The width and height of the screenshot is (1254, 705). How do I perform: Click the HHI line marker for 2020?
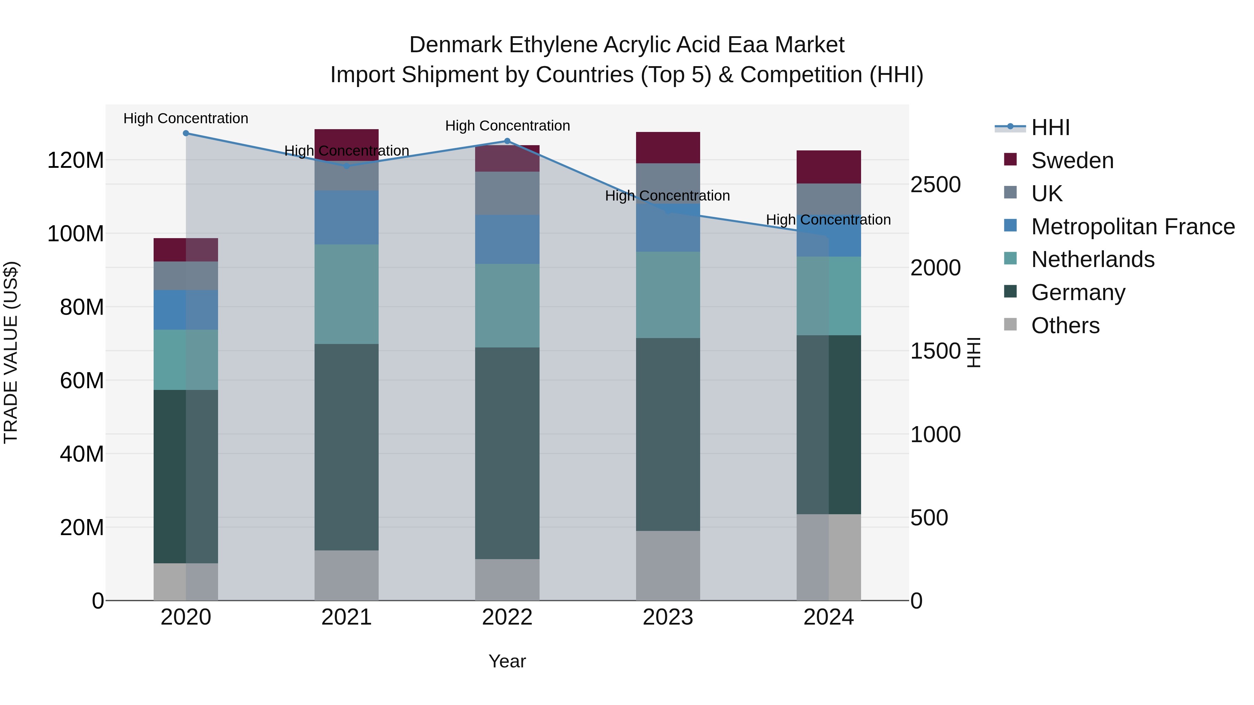click(x=185, y=133)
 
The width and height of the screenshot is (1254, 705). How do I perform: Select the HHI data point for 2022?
click(x=507, y=141)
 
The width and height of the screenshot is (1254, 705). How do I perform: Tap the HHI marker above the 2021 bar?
click(x=347, y=166)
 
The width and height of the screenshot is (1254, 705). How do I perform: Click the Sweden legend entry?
click(x=1072, y=160)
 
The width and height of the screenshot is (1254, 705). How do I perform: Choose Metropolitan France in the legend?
click(x=1133, y=227)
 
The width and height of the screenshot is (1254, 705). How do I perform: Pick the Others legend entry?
click(x=1065, y=326)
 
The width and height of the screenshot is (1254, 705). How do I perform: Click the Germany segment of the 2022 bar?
click(x=507, y=453)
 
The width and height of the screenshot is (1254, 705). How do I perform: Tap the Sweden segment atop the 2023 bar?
click(x=668, y=147)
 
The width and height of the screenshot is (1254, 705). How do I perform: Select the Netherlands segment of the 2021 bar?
click(x=347, y=294)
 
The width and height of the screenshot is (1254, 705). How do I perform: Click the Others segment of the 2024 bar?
click(x=829, y=557)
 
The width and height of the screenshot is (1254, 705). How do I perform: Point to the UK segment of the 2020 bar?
click(x=185, y=276)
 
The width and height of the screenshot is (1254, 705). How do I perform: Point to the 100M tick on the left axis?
click(x=76, y=234)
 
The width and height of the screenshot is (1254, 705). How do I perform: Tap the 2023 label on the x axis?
click(x=668, y=617)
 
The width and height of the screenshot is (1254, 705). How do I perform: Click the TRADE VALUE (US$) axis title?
click(x=11, y=352)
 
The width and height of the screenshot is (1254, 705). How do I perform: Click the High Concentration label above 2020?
click(x=185, y=119)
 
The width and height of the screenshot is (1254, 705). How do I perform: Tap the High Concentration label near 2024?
click(x=829, y=220)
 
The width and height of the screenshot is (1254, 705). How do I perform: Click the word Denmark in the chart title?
click(x=456, y=45)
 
